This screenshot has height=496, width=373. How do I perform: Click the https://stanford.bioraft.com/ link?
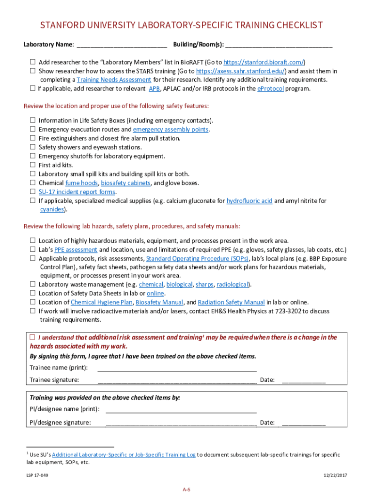coord(264,62)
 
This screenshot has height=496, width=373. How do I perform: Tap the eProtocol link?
coord(270,89)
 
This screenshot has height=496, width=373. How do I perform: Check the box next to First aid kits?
coord(32,165)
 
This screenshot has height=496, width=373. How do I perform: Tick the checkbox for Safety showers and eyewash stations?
coord(32,147)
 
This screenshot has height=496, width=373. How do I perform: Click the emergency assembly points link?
coord(171,129)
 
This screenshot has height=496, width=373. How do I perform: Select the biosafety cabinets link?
coord(125,183)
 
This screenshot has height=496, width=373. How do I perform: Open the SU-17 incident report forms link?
coord(77,191)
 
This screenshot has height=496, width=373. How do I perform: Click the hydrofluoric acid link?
coord(249,201)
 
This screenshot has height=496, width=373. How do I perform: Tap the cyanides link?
coord(52,209)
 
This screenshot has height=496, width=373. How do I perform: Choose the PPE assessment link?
coord(76,250)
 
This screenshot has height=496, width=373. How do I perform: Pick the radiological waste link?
coord(233,284)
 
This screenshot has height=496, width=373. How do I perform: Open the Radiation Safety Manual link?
coord(231,302)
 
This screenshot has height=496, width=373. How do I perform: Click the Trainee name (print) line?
coord(177,368)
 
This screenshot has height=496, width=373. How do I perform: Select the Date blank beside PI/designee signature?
coord(304,422)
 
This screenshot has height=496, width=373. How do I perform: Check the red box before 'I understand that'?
coord(32,337)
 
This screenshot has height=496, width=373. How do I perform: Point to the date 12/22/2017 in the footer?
coord(335,475)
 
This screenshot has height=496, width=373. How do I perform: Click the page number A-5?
coord(186,490)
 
